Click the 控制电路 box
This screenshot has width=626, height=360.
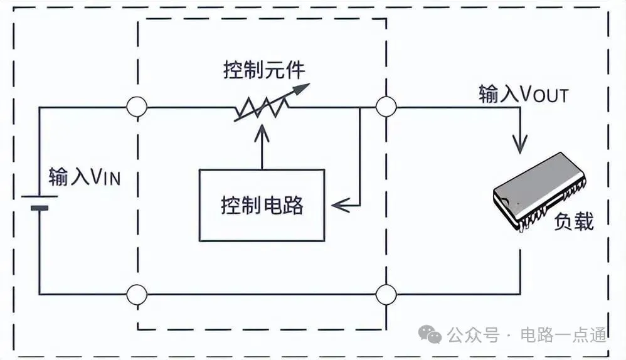pyautogui.click(x=262, y=205)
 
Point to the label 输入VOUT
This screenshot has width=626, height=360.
pyautogui.click(x=523, y=95)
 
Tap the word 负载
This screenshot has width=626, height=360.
pyautogui.click(x=574, y=221)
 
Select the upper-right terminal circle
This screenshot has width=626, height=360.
pyautogui.click(x=386, y=107)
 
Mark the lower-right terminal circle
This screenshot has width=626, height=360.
pyautogui.click(x=386, y=294)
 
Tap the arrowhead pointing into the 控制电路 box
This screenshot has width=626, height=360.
pyautogui.click(x=339, y=204)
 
